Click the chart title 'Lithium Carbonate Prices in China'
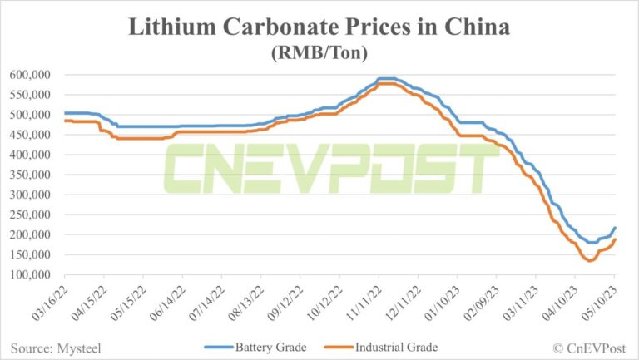(x=319, y=27)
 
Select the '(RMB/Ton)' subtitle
(x=319, y=52)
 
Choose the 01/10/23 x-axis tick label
(x=439, y=304)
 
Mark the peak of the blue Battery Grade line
(x=386, y=78)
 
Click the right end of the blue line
(x=615, y=227)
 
